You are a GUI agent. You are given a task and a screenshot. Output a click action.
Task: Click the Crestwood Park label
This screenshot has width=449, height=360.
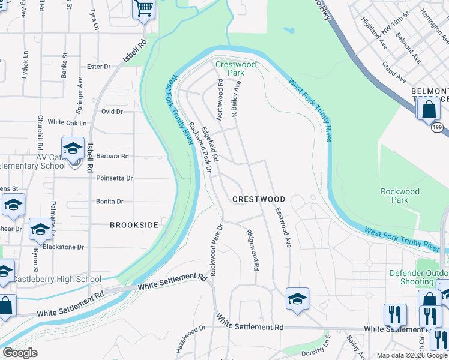pos(235,68)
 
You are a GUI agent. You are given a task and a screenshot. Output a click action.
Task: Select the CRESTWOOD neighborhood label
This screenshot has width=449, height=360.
pos(259,199)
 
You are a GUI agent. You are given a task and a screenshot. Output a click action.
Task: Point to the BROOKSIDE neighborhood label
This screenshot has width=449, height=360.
pos(134,225)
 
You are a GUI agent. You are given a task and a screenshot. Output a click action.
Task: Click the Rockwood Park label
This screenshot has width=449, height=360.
pos(400,196)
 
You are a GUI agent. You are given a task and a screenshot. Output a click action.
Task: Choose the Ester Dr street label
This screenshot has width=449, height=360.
pos(99,67)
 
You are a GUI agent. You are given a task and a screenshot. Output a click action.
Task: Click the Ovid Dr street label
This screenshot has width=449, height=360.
pos(112,112)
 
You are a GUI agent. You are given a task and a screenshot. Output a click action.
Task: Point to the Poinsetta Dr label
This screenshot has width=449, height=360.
pos(114,178)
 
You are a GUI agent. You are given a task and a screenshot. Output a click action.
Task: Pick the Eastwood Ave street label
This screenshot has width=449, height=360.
pos(283,228)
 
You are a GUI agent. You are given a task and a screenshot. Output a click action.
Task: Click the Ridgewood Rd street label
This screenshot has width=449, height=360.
pos(252,250)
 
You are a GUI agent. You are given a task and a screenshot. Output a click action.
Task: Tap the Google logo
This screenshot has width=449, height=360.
pos(20,353)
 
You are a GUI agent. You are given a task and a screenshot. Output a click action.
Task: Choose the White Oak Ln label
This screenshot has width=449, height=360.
pos(67,122)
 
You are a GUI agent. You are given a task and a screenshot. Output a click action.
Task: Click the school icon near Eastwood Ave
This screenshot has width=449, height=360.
pos(297,298)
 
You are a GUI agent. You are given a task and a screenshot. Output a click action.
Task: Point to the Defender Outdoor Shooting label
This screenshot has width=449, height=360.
pos(418,277)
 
